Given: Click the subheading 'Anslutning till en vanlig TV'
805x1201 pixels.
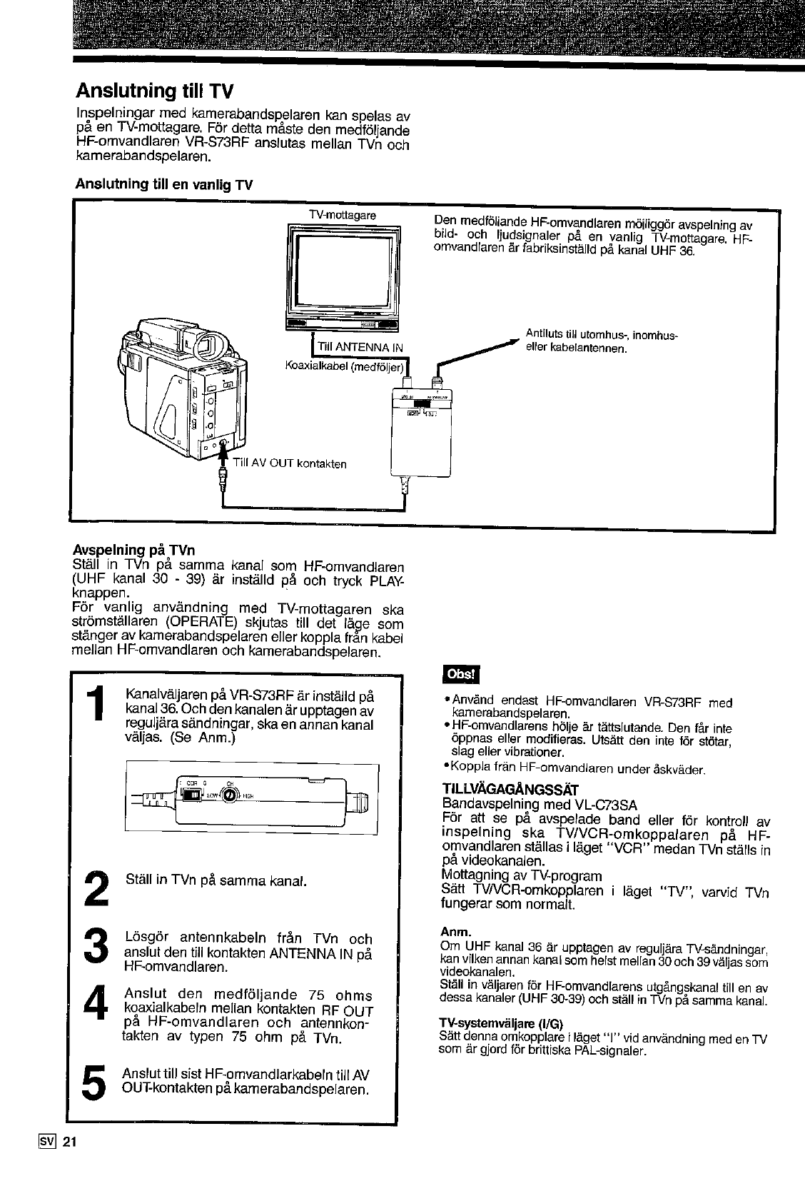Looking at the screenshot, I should (x=164, y=184).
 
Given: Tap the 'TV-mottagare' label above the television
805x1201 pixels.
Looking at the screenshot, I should (x=343, y=215).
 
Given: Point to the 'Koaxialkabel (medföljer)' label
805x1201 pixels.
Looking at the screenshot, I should (x=345, y=367).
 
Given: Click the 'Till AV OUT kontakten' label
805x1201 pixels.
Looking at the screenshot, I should (x=290, y=464).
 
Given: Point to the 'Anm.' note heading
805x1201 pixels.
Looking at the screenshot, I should (x=455, y=932).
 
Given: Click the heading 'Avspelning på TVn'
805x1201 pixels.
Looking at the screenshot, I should (x=134, y=551).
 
